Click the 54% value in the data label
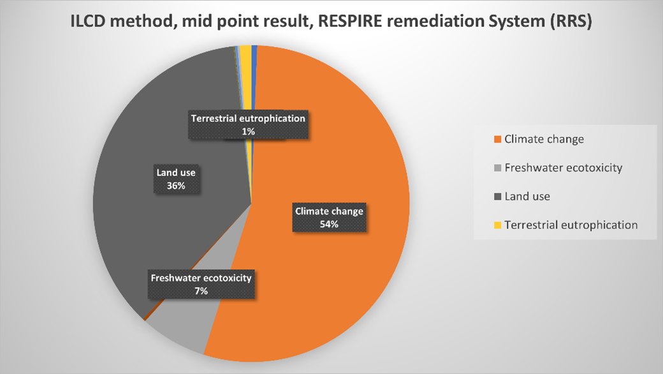coord(329,224)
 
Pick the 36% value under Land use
coord(176,186)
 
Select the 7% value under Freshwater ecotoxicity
coord(201,291)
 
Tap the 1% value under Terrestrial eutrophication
coord(248,131)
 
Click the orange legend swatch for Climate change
coord(498,139)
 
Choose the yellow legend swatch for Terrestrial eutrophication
coord(498,225)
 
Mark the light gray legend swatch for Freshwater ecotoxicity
coord(498,168)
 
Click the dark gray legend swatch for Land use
coord(498,197)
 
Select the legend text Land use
coord(527,197)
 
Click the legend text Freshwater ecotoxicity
coord(563,168)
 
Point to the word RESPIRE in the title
coord(349,20)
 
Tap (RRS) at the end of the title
coord(571,21)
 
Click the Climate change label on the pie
coord(329,211)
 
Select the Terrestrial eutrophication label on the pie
coord(248,119)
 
